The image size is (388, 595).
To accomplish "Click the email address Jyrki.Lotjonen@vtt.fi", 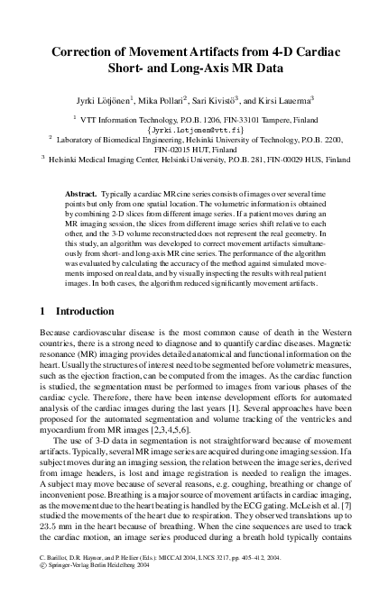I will (194, 129).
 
